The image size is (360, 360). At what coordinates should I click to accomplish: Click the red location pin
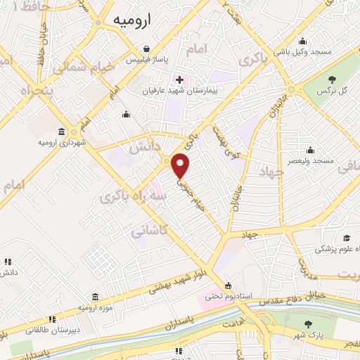coord(181,165)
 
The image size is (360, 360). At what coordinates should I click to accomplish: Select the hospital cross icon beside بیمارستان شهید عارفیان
coord(180,79)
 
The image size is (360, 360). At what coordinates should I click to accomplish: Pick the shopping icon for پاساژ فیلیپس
coord(146,49)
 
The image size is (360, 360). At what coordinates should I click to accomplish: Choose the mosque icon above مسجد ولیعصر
coord(310,149)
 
